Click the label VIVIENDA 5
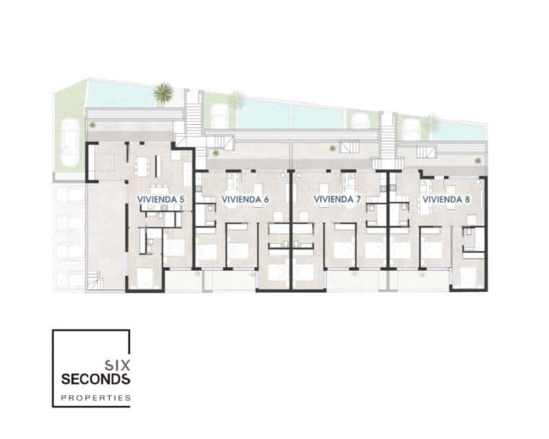click(161, 199)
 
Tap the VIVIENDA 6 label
click(245, 199)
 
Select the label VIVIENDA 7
click(337, 199)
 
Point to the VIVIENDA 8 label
click(446, 199)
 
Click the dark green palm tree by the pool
click(163, 94)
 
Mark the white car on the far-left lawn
click(69, 141)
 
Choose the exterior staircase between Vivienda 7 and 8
click(388, 137)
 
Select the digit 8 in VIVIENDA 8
click(467, 199)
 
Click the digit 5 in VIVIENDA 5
click(182, 199)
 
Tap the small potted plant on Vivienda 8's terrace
click(476, 158)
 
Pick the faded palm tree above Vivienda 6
click(236, 101)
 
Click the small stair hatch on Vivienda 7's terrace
click(349, 146)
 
